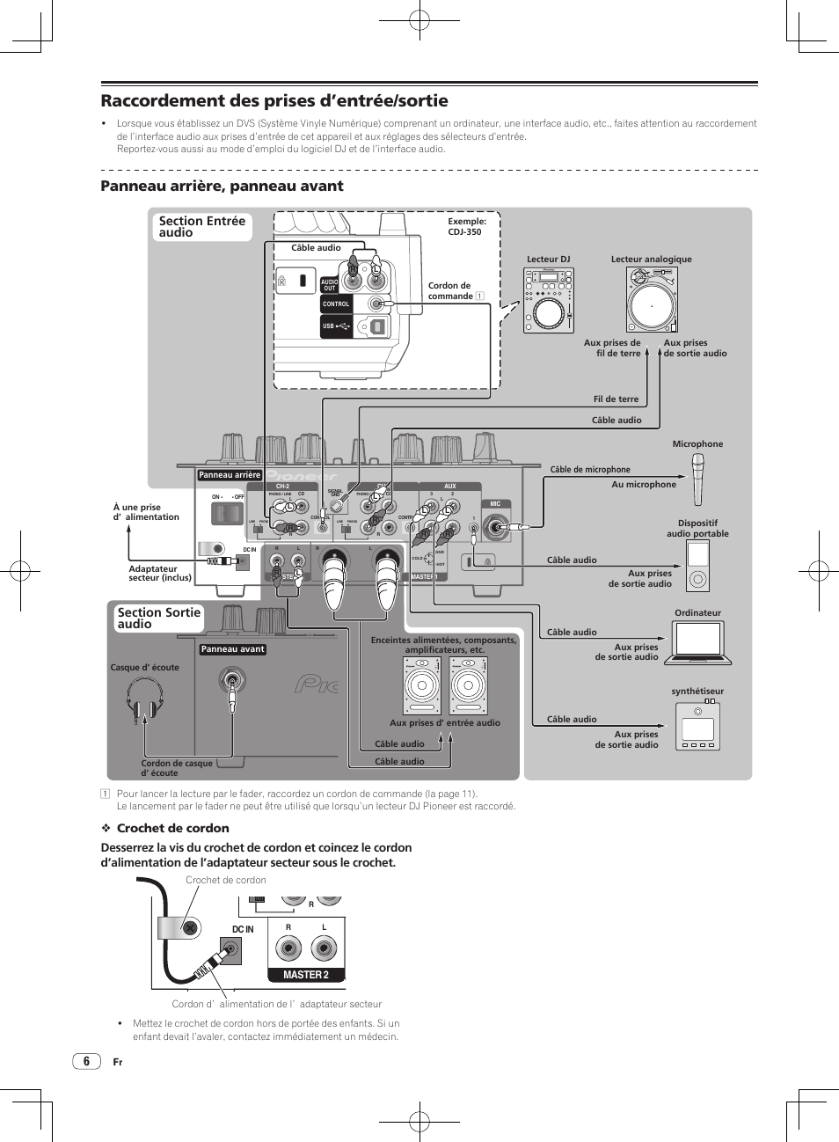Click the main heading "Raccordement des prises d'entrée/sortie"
coord(274,101)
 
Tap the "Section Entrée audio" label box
coord(202,227)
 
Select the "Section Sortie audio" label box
coord(159,619)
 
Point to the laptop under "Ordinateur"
coord(698,643)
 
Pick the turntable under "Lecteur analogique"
coord(652,300)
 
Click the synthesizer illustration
coord(698,726)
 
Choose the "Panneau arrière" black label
coord(230,475)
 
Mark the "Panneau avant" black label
coord(232,649)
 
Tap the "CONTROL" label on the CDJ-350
coord(336,304)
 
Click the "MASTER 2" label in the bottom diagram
coord(306,975)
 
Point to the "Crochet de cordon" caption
coord(226,880)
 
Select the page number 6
coord(86,1061)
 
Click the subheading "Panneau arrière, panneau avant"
coord(222,186)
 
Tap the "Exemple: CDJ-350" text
coord(466,227)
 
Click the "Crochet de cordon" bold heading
coord(172,828)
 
